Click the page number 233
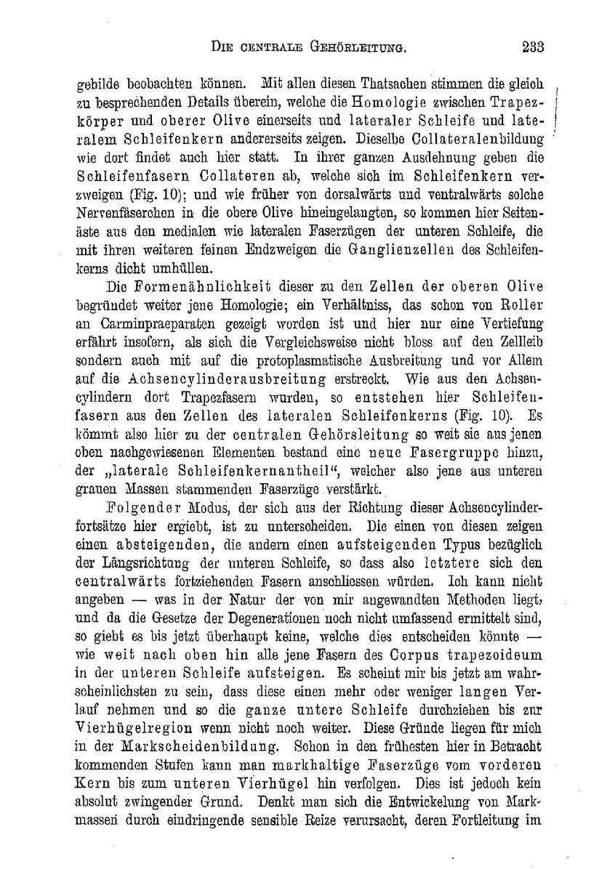[532, 48]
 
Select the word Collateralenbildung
[483, 137]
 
